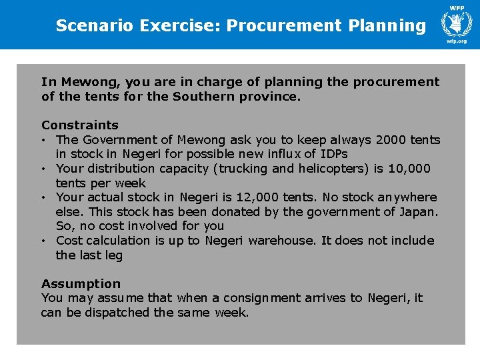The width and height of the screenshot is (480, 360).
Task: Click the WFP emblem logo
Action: point(457,24)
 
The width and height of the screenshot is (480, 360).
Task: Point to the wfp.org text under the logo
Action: point(457,41)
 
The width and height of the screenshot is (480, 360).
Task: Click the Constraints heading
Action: point(80,125)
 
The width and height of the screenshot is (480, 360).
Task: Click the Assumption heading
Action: point(81,284)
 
